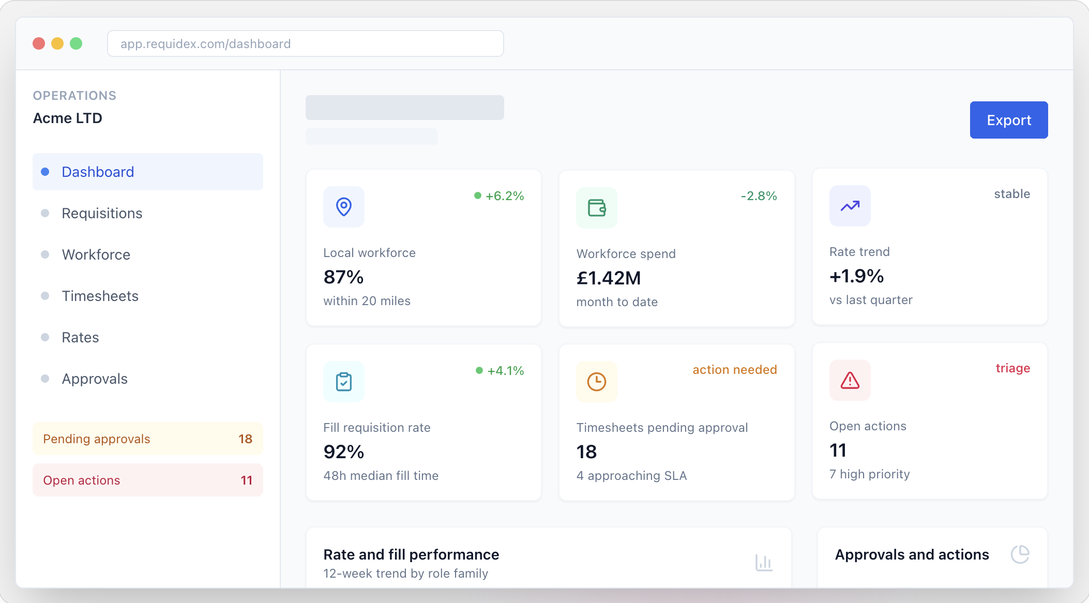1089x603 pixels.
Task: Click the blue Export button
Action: (x=1009, y=120)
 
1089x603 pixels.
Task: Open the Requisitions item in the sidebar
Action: (x=102, y=213)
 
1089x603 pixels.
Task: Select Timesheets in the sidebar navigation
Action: (x=100, y=296)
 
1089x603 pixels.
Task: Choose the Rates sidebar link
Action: (x=80, y=337)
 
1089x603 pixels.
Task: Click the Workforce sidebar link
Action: (x=96, y=254)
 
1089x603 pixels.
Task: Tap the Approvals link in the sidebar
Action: (x=95, y=379)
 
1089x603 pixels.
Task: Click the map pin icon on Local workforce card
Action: (x=344, y=207)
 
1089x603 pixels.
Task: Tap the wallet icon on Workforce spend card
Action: (x=597, y=208)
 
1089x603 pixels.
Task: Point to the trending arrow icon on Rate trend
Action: (x=850, y=206)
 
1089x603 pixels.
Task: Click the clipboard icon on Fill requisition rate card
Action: (x=344, y=382)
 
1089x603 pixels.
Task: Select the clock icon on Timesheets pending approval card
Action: (x=597, y=382)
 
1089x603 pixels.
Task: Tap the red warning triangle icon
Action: (x=850, y=380)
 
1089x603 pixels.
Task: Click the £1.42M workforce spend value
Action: (x=609, y=278)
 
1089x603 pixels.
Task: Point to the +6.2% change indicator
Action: (x=499, y=196)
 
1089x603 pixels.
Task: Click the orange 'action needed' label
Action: (x=735, y=370)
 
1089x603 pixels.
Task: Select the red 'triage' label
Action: (x=1013, y=368)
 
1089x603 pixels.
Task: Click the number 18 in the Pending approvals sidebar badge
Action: (x=245, y=439)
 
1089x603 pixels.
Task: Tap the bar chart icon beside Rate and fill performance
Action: (x=764, y=563)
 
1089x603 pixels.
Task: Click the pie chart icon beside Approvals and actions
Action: (x=1020, y=554)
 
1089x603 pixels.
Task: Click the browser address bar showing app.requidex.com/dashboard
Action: (x=306, y=43)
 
